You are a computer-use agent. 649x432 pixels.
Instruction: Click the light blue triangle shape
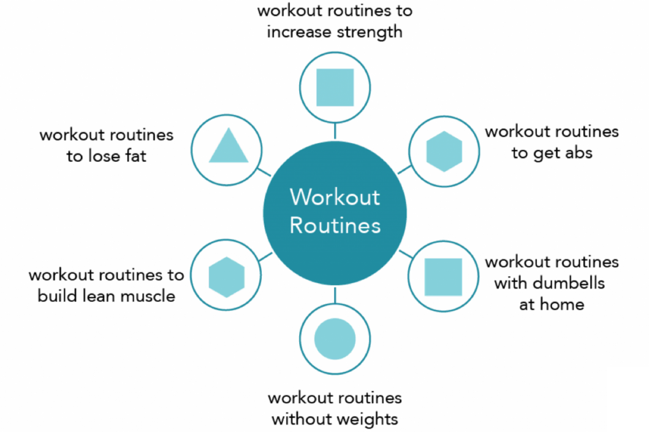[229, 148]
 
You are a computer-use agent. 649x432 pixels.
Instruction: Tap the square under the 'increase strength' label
[335, 87]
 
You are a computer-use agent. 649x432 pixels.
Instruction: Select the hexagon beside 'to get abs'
[444, 151]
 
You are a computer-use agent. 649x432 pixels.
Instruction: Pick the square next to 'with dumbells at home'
[443, 277]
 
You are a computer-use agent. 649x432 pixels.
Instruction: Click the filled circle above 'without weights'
[335, 339]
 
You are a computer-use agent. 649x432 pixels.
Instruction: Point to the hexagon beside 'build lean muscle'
[227, 277]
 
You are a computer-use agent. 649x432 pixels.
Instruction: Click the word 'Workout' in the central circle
[335, 198]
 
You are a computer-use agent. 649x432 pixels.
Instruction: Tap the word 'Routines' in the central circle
[335, 225]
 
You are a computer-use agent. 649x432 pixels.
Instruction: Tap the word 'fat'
[134, 156]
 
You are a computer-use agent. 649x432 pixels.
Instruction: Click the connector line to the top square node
[335, 130]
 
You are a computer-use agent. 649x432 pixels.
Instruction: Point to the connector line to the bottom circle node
[335, 295]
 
